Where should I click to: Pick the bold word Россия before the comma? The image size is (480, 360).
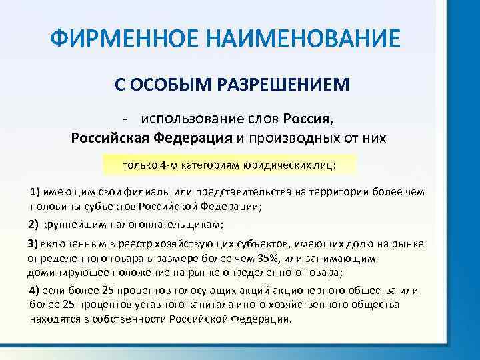306,119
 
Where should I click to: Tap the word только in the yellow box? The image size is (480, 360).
138,164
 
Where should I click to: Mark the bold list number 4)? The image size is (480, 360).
36,291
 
